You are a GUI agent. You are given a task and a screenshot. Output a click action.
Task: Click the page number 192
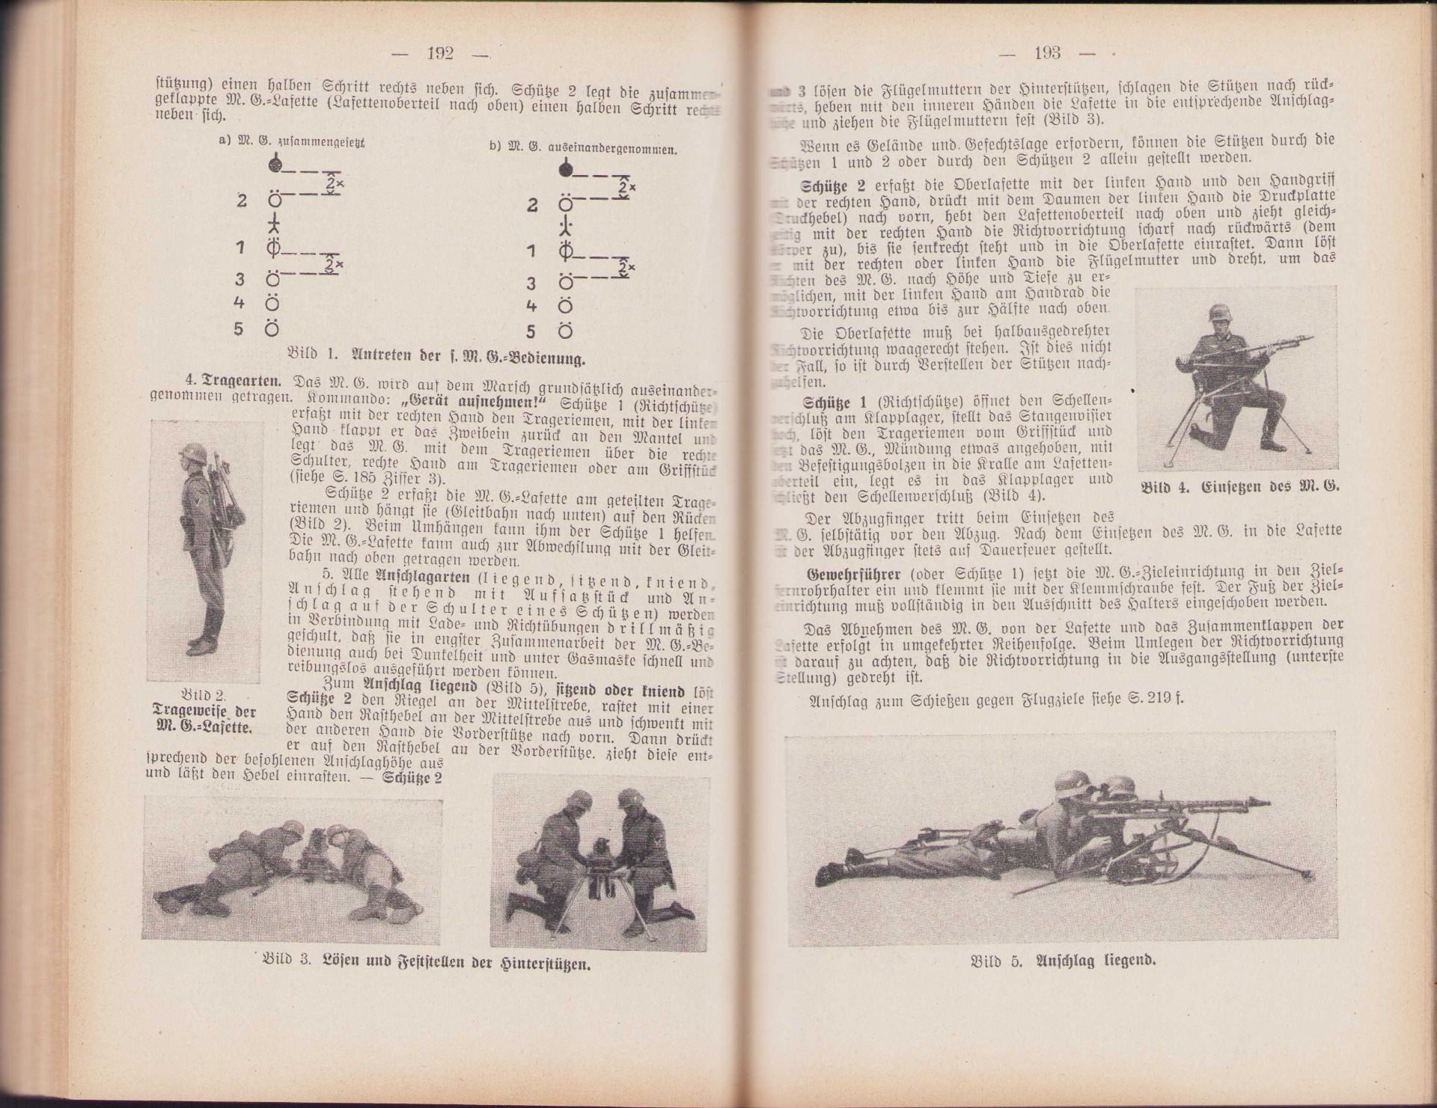(x=440, y=53)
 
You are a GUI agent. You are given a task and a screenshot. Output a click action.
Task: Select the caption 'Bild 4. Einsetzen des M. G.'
(x=1240, y=486)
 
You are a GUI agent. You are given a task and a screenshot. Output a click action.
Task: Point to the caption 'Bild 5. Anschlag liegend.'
(x=1063, y=961)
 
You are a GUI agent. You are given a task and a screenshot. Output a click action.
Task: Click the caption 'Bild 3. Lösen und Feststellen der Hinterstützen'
(x=427, y=962)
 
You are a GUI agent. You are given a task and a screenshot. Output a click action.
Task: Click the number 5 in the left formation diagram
(x=239, y=328)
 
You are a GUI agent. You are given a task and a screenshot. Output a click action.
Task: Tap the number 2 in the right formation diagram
(x=532, y=205)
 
